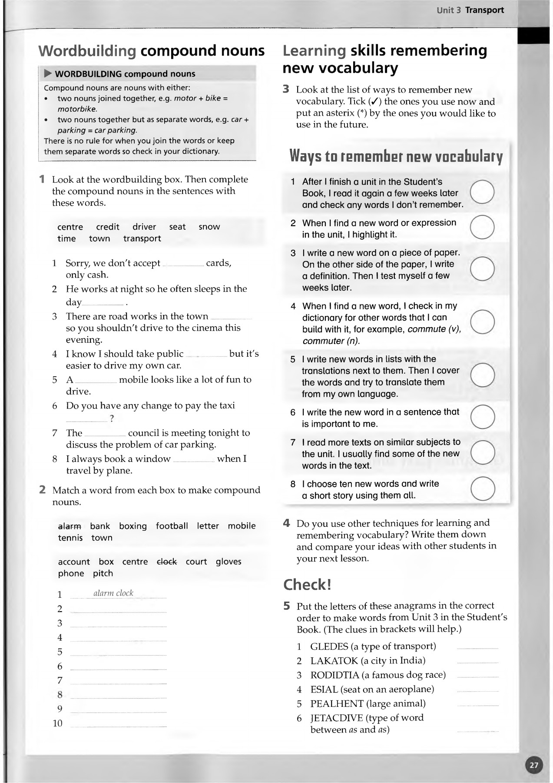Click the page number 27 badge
(534, 765)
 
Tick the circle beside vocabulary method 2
(482, 227)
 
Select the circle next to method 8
(483, 489)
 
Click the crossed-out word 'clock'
(167, 562)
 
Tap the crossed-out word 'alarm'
(70, 526)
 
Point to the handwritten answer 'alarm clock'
(113, 593)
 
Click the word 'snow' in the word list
(209, 227)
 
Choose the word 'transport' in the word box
(142, 238)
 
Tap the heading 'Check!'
(307, 585)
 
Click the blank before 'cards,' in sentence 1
(183, 264)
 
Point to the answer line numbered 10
(118, 725)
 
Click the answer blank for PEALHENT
(477, 704)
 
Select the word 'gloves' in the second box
(228, 562)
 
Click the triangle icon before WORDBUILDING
(48, 74)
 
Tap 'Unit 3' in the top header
(449, 10)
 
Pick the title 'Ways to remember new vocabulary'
(396, 156)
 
